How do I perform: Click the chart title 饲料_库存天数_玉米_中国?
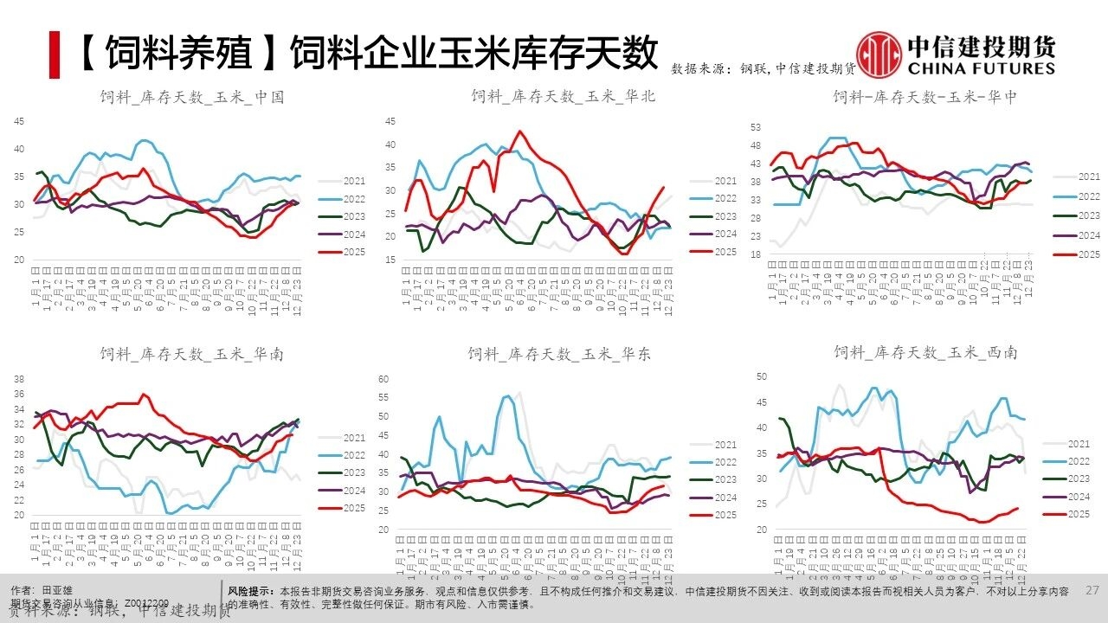click(x=191, y=97)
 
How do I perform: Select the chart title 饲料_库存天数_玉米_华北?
click(x=564, y=96)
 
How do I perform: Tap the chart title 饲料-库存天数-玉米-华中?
click(x=924, y=97)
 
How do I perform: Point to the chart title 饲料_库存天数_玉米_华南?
click(x=191, y=354)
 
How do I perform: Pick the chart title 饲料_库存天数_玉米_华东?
click(x=560, y=354)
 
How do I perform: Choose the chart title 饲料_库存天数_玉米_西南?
click(x=925, y=353)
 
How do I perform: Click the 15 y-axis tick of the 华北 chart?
click(x=390, y=260)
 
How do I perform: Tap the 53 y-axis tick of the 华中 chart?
click(x=756, y=127)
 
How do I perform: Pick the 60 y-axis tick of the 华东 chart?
click(x=385, y=378)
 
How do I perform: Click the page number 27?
click(x=1092, y=590)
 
